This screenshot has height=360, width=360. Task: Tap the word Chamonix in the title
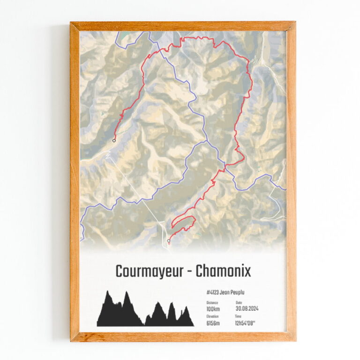pos(223,271)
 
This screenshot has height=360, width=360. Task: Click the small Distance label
pos(212,303)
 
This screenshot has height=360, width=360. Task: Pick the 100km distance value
pos(213,309)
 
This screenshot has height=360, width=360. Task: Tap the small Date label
pos(239,303)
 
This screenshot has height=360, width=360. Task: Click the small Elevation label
pos(212,317)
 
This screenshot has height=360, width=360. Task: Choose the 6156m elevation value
pos(214,323)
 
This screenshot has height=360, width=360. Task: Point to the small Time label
pos(238,317)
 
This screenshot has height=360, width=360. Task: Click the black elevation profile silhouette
pos(141,314)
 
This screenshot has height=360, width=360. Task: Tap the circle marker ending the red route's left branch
pos(114,140)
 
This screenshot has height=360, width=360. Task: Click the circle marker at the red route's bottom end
pos(168,241)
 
